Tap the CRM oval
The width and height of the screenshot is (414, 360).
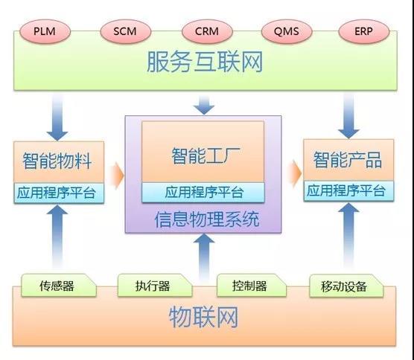pyautogui.click(x=206, y=32)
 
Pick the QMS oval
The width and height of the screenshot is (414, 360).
pyautogui.click(x=287, y=32)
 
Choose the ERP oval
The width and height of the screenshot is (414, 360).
pyautogui.click(x=363, y=32)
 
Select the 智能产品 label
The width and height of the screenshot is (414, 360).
pyautogui.click(x=346, y=159)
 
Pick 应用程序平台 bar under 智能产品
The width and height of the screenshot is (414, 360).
pyautogui.click(x=346, y=191)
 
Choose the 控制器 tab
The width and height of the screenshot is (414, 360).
pyautogui.click(x=249, y=286)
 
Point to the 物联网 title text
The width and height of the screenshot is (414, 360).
pyautogui.click(x=206, y=319)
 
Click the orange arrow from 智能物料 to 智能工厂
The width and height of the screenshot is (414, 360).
pyautogui.click(x=116, y=175)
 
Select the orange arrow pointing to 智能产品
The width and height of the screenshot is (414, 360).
pyautogui.click(x=294, y=173)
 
